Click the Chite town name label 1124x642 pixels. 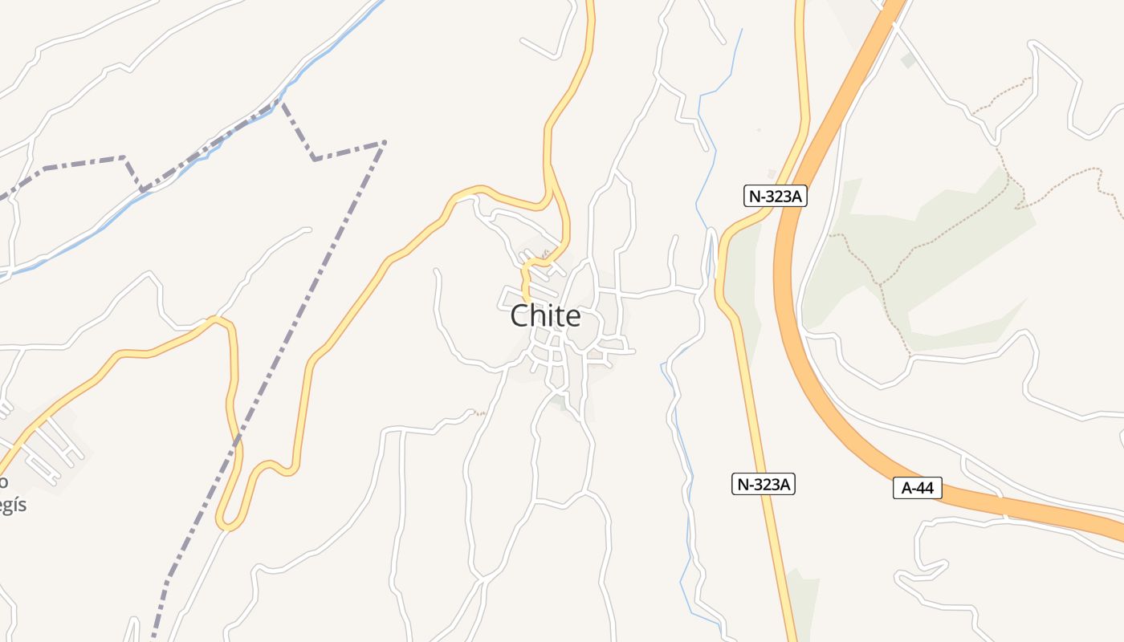545,316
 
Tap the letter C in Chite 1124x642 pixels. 520,316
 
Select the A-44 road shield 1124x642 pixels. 917,487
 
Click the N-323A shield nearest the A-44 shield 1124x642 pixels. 764,484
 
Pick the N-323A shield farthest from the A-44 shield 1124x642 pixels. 775,196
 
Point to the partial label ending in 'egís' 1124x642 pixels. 11,506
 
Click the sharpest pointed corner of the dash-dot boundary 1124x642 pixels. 384,143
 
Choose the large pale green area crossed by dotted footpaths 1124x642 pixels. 947,241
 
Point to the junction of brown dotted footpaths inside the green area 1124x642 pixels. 881,284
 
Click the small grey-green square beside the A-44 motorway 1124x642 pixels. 908,60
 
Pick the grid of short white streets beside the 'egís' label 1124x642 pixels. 48,449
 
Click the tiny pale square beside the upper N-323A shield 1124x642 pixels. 772,173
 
